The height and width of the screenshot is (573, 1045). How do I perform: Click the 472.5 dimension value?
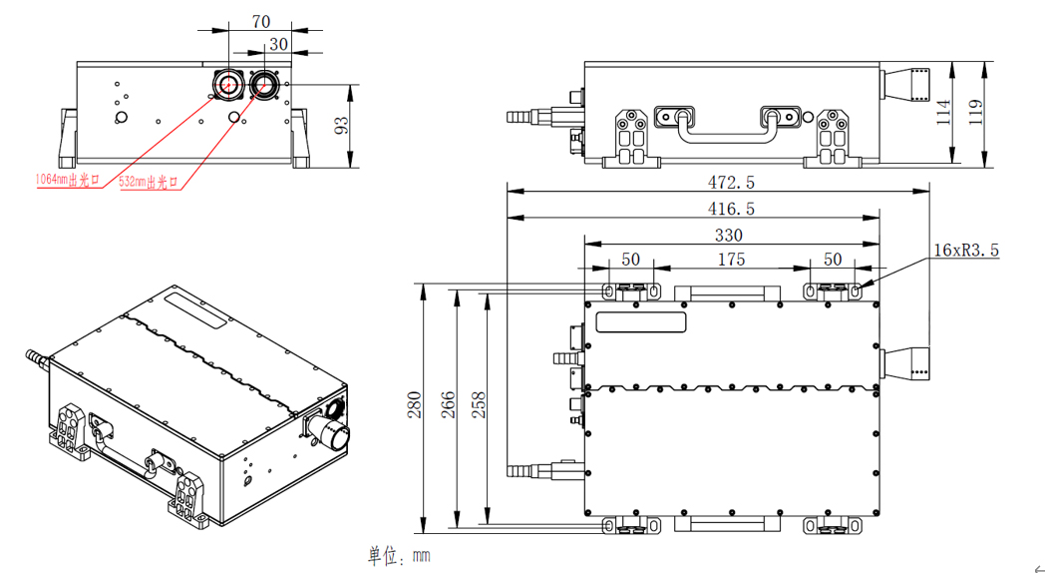[x=731, y=183]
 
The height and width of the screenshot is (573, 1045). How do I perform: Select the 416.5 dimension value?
[x=731, y=209]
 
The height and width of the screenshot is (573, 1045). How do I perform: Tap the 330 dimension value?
[x=731, y=235]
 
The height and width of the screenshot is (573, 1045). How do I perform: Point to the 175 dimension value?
[x=731, y=260]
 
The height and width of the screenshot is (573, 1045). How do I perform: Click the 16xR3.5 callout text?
[x=965, y=250]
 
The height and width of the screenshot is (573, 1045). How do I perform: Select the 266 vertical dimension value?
[x=449, y=405]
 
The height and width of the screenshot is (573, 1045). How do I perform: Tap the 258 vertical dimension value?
[x=479, y=405]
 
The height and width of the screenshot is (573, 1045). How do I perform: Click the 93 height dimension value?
[x=341, y=125]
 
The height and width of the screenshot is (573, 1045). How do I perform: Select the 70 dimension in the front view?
[x=261, y=21]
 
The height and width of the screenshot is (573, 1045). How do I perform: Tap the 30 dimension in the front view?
[x=278, y=44]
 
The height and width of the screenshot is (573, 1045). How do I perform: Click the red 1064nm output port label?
[x=68, y=180]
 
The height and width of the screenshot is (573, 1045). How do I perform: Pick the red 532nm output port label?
[x=148, y=183]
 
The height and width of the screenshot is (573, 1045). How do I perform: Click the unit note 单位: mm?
[x=398, y=555]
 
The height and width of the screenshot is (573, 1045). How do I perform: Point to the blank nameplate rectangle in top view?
[x=641, y=321]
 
